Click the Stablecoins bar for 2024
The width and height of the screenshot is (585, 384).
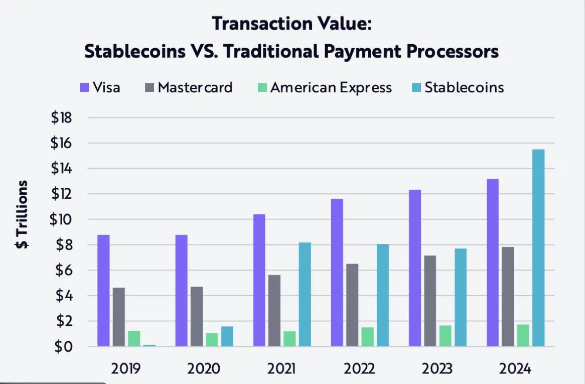tap(538, 248)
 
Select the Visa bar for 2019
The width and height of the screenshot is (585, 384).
tap(103, 291)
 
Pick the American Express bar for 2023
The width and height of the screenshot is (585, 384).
tap(446, 336)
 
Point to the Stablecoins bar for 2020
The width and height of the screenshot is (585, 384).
tap(227, 336)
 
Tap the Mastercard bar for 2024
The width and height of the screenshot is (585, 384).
tap(508, 297)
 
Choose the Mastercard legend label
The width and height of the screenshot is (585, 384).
tap(195, 87)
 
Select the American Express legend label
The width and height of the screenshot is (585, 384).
tap(331, 87)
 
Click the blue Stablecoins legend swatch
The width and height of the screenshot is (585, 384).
tap(416, 88)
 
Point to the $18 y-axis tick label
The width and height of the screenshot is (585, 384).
tap(62, 118)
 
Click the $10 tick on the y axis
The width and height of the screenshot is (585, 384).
tap(62, 220)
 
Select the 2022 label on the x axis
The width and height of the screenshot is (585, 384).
tap(359, 369)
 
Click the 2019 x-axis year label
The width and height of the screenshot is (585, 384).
tap(125, 369)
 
